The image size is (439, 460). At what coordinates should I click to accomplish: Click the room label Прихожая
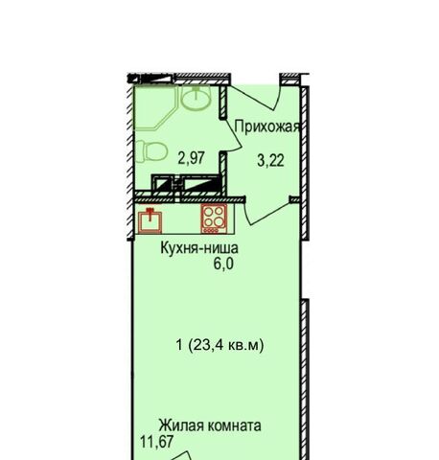pyautogui.click(x=267, y=126)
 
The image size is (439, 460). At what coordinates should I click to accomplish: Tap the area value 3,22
pyautogui.click(x=270, y=160)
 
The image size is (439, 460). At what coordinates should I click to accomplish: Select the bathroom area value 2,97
pyautogui.click(x=192, y=158)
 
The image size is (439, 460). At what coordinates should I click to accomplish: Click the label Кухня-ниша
pyautogui.click(x=199, y=248)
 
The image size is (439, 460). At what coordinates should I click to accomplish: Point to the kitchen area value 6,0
pyautogui.click(x=224, y=264)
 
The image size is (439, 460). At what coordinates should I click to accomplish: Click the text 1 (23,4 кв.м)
pyautogui.click(x=220, y=345)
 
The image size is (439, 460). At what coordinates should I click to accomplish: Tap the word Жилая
pyautogui.click(x=181, y=425)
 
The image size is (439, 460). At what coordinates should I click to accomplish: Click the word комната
pyautogui.click(x=235, y=425)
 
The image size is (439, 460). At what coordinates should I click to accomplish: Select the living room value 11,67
pyautogui.click(x=156, y=442)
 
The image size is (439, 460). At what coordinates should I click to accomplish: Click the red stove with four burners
pyautogui.click(x=214, y=219)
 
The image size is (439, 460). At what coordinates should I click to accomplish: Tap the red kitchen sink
pyautogui.click(x=150, y=220)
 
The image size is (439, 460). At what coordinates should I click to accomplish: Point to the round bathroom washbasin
pyautogui.click(x=196, y=96)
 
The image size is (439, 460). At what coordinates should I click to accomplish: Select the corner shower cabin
pyautogui.click(x=155, y=106)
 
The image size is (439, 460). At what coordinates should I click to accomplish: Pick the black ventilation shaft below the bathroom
pyautogui.click(x=186, y=183)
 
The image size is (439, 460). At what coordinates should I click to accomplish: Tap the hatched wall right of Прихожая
pyautogui.click(x=305, y=162)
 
